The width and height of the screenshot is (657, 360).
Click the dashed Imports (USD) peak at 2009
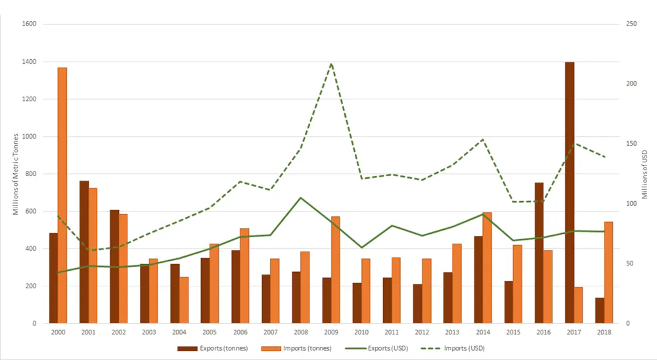(331, 64)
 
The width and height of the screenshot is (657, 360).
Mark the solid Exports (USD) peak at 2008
(301, 198)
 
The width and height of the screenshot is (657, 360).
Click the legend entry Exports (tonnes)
(213, 348)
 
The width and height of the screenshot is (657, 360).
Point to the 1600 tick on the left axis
(30, 24)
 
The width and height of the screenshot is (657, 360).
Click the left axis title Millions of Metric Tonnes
(14, 174)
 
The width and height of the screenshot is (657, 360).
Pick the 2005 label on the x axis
(210, 333)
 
